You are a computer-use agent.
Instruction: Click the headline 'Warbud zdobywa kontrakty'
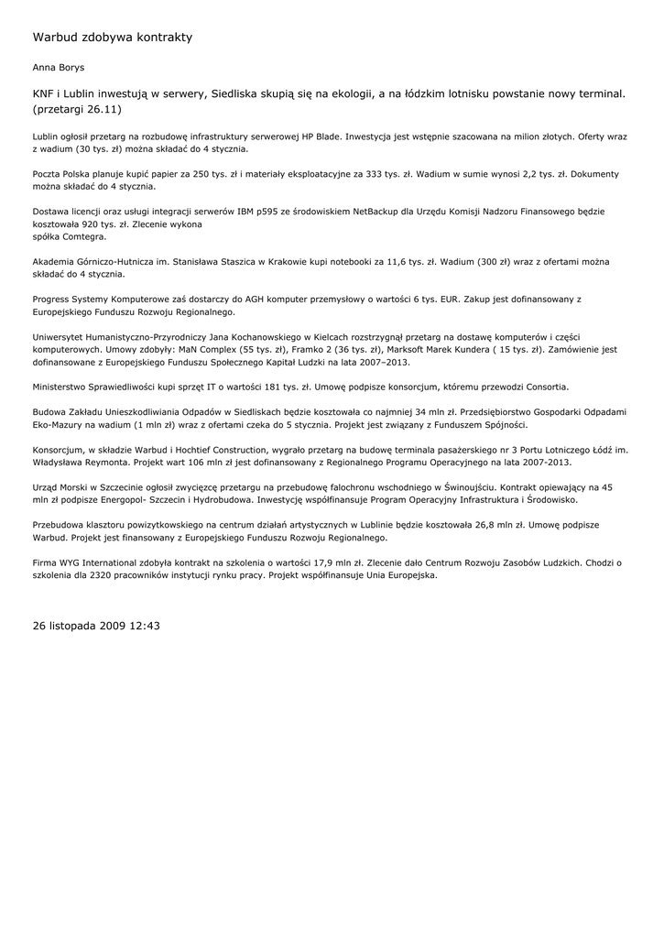(x=113, y=38)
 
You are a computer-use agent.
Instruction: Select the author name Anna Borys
(x=58, y=68)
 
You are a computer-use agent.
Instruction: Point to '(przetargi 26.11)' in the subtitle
(x=77, y=109)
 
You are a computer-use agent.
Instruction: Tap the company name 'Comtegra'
(x=83, y=236)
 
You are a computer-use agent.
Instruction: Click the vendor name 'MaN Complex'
(x=206, y=349)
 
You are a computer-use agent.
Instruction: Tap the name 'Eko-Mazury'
(x=59, y=425)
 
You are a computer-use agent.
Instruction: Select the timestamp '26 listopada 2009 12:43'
(x=96, y=626)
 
